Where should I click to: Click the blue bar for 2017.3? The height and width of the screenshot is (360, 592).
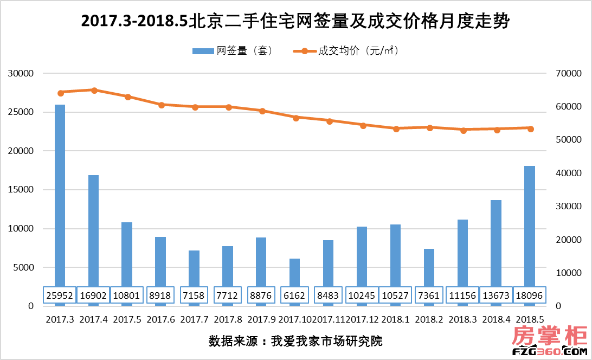coord(60,195)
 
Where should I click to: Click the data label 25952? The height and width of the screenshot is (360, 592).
coord(60,295)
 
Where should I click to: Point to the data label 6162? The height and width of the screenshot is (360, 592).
coord(294,295)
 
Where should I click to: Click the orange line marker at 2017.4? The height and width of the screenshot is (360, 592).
coord(94,91)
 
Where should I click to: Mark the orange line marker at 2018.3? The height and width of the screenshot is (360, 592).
coord(463,130)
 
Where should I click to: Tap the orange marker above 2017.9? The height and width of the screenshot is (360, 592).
coord(262,111)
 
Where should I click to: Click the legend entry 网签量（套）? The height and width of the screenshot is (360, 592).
coord(233,51)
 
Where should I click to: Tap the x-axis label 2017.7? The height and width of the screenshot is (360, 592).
coord(194,319)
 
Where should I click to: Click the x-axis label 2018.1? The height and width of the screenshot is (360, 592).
coord(395,319)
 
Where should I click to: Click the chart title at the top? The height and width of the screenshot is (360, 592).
coord(295,22)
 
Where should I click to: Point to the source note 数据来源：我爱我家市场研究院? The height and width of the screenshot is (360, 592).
coord(295,341)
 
